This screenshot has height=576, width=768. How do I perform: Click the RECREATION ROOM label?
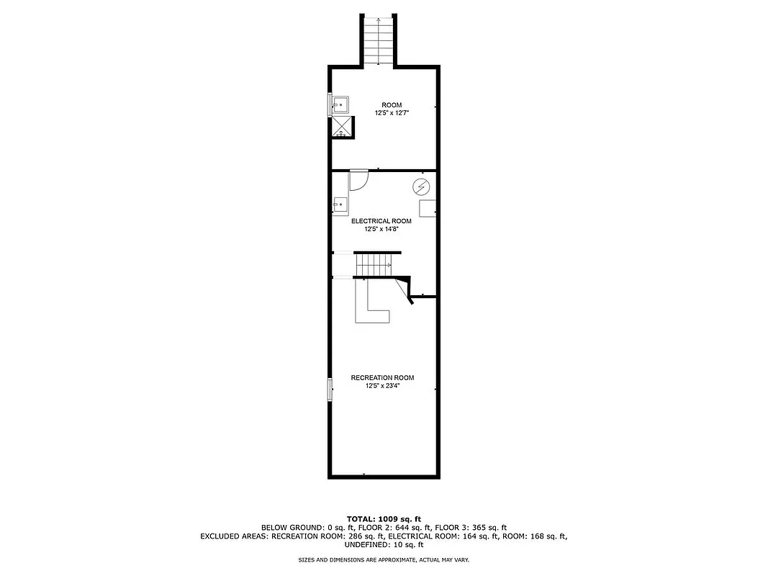coord(382,378)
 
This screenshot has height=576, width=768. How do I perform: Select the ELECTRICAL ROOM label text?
coord(381,221)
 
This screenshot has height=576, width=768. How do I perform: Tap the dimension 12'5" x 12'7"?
coord(392,113)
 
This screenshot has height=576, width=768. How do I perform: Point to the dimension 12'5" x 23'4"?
coord(382,386)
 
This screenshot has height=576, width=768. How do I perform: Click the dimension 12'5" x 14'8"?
coord(381,229)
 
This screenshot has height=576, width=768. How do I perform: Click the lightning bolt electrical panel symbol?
coord(421,188)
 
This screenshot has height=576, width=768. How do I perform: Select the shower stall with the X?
coord(342,127)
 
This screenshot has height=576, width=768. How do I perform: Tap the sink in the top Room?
coord(340,105)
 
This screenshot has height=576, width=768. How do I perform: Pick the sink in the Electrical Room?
coord(340,206)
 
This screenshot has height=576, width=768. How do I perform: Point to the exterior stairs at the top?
coord(379,39)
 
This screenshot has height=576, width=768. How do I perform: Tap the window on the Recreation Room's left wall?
coord(330,390)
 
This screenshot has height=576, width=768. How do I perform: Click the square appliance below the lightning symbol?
coord(428,208)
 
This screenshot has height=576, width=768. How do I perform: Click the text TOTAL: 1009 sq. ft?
coord(384,518)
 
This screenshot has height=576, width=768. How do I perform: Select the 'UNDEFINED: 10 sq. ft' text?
coord(384,544)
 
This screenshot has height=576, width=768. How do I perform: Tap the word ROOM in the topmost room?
coord(392,105)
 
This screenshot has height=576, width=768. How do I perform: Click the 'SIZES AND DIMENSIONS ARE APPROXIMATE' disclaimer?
coord(384,559)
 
